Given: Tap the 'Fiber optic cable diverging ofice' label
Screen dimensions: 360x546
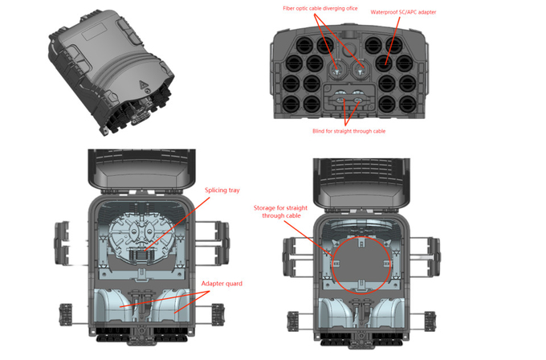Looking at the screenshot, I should [319, 7].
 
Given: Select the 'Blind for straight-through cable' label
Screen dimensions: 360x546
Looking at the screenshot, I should [348, 131].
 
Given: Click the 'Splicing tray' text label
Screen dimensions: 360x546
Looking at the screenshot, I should [222, 190].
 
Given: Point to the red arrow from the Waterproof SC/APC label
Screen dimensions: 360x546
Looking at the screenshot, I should [393, 36].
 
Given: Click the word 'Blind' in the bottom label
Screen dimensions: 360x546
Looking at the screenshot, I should [320, 131].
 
